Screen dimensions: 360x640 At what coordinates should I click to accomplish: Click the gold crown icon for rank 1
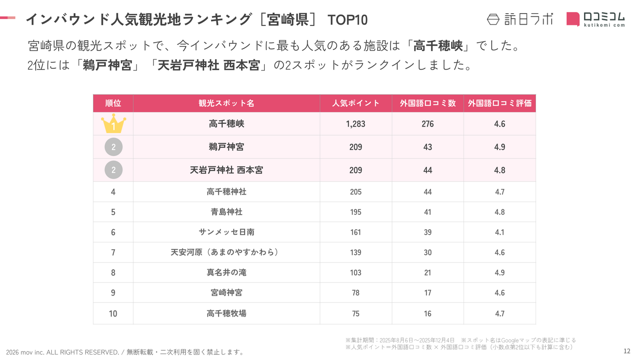tap(113, 124)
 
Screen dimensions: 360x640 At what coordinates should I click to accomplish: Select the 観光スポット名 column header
tap(226, 103)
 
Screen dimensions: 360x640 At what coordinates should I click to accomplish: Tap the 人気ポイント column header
tap(356, 103)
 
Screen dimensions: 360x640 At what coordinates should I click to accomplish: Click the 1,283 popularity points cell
tap(356, 124)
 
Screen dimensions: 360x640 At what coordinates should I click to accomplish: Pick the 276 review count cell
tap(428, 124)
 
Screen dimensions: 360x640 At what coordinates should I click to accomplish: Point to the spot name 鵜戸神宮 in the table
tap(226, 147)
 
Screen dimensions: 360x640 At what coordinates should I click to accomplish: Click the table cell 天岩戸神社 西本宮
tap(226, 170)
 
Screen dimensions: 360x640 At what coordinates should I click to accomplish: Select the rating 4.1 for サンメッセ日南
tap(500, 232)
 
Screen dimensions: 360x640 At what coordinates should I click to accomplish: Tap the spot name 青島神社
tap(226, 212)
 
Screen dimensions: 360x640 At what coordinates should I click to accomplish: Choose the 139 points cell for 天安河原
tap(356, 252)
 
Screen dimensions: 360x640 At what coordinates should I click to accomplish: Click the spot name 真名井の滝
tap(226, 272)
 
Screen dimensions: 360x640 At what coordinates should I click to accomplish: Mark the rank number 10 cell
tap(113, 314)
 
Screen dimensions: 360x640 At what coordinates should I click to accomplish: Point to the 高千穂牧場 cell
tap(226, 314)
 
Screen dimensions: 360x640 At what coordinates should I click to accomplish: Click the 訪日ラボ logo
tap(520, 19)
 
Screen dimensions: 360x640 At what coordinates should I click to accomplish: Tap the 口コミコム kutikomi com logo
tap(596, 19)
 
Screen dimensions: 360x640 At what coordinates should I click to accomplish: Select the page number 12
tap(627, 351)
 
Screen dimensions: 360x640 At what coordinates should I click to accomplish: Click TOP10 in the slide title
tap(347, 20)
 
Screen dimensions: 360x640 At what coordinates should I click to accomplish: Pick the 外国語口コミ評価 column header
tap(500, 103)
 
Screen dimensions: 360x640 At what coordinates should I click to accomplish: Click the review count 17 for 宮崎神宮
tap(428, 293)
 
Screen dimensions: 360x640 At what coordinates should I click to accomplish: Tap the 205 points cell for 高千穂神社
tap(356, 192)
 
